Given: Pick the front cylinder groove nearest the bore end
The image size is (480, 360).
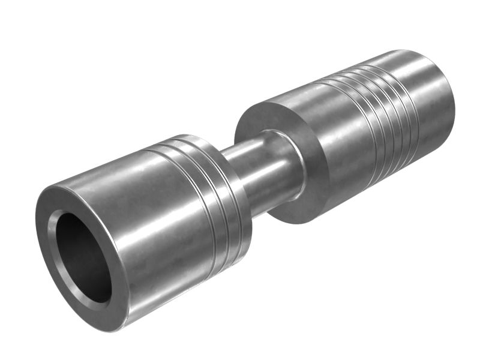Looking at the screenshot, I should [204, 198].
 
